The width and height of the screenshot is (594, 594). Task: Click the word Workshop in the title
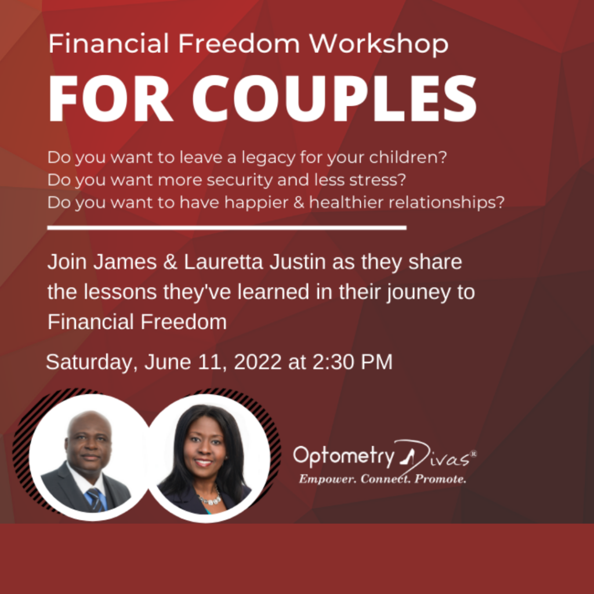point(379,44)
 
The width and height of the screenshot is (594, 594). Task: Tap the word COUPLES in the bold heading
point(335,99)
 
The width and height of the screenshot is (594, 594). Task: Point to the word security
point(240,180)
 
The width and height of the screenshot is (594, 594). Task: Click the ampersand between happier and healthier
point(299,202)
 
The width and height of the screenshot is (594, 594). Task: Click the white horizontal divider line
point(227,227)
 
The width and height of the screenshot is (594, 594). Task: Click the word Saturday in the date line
point(89,362)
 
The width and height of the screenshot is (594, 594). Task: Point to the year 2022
point(258,362)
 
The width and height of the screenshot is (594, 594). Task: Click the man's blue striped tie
point(96,499)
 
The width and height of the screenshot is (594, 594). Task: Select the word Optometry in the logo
point(344,457)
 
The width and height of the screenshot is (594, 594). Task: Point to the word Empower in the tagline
point(327,479)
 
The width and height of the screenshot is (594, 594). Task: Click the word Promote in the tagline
point(440,479)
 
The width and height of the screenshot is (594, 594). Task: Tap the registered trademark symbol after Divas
point(473,453)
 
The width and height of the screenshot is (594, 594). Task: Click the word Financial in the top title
point(108,44)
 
